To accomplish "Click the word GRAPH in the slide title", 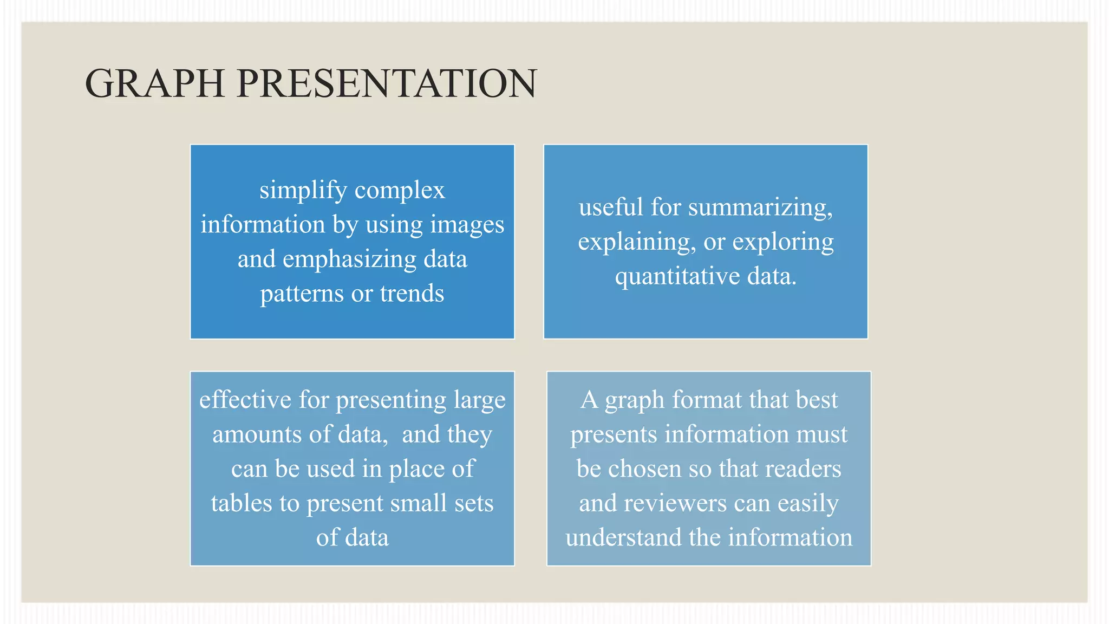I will (155, 83).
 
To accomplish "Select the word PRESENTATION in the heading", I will (387, 83).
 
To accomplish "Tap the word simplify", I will (303, 191).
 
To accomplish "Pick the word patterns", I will (302, 294).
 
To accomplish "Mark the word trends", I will (412, 294).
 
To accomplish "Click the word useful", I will (611, 207).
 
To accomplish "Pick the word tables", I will (241, 503).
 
